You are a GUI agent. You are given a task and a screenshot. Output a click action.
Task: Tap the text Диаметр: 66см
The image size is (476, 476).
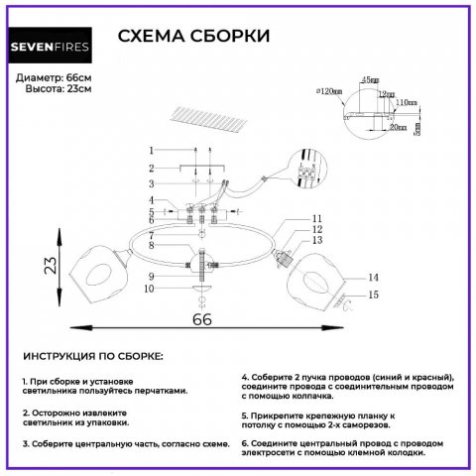[55, 77]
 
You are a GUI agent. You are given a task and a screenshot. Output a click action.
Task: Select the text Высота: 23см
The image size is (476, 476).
[59, 88]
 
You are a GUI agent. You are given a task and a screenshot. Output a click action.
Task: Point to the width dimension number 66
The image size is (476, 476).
[202, 321]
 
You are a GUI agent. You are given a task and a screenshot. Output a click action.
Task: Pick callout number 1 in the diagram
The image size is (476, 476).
[152, 150]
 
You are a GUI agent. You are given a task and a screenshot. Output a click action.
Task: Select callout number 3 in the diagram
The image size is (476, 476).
[152, 183]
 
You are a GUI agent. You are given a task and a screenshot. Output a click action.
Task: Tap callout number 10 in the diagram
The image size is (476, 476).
[150, 289]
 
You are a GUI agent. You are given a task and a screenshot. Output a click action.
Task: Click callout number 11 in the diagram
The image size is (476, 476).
[316, 218]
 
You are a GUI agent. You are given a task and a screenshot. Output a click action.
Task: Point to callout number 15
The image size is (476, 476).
[374, 295]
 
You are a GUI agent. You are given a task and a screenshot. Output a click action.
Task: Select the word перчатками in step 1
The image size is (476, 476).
[151, 390]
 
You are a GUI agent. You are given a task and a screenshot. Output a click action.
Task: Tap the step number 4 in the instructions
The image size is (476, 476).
[244, 378]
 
